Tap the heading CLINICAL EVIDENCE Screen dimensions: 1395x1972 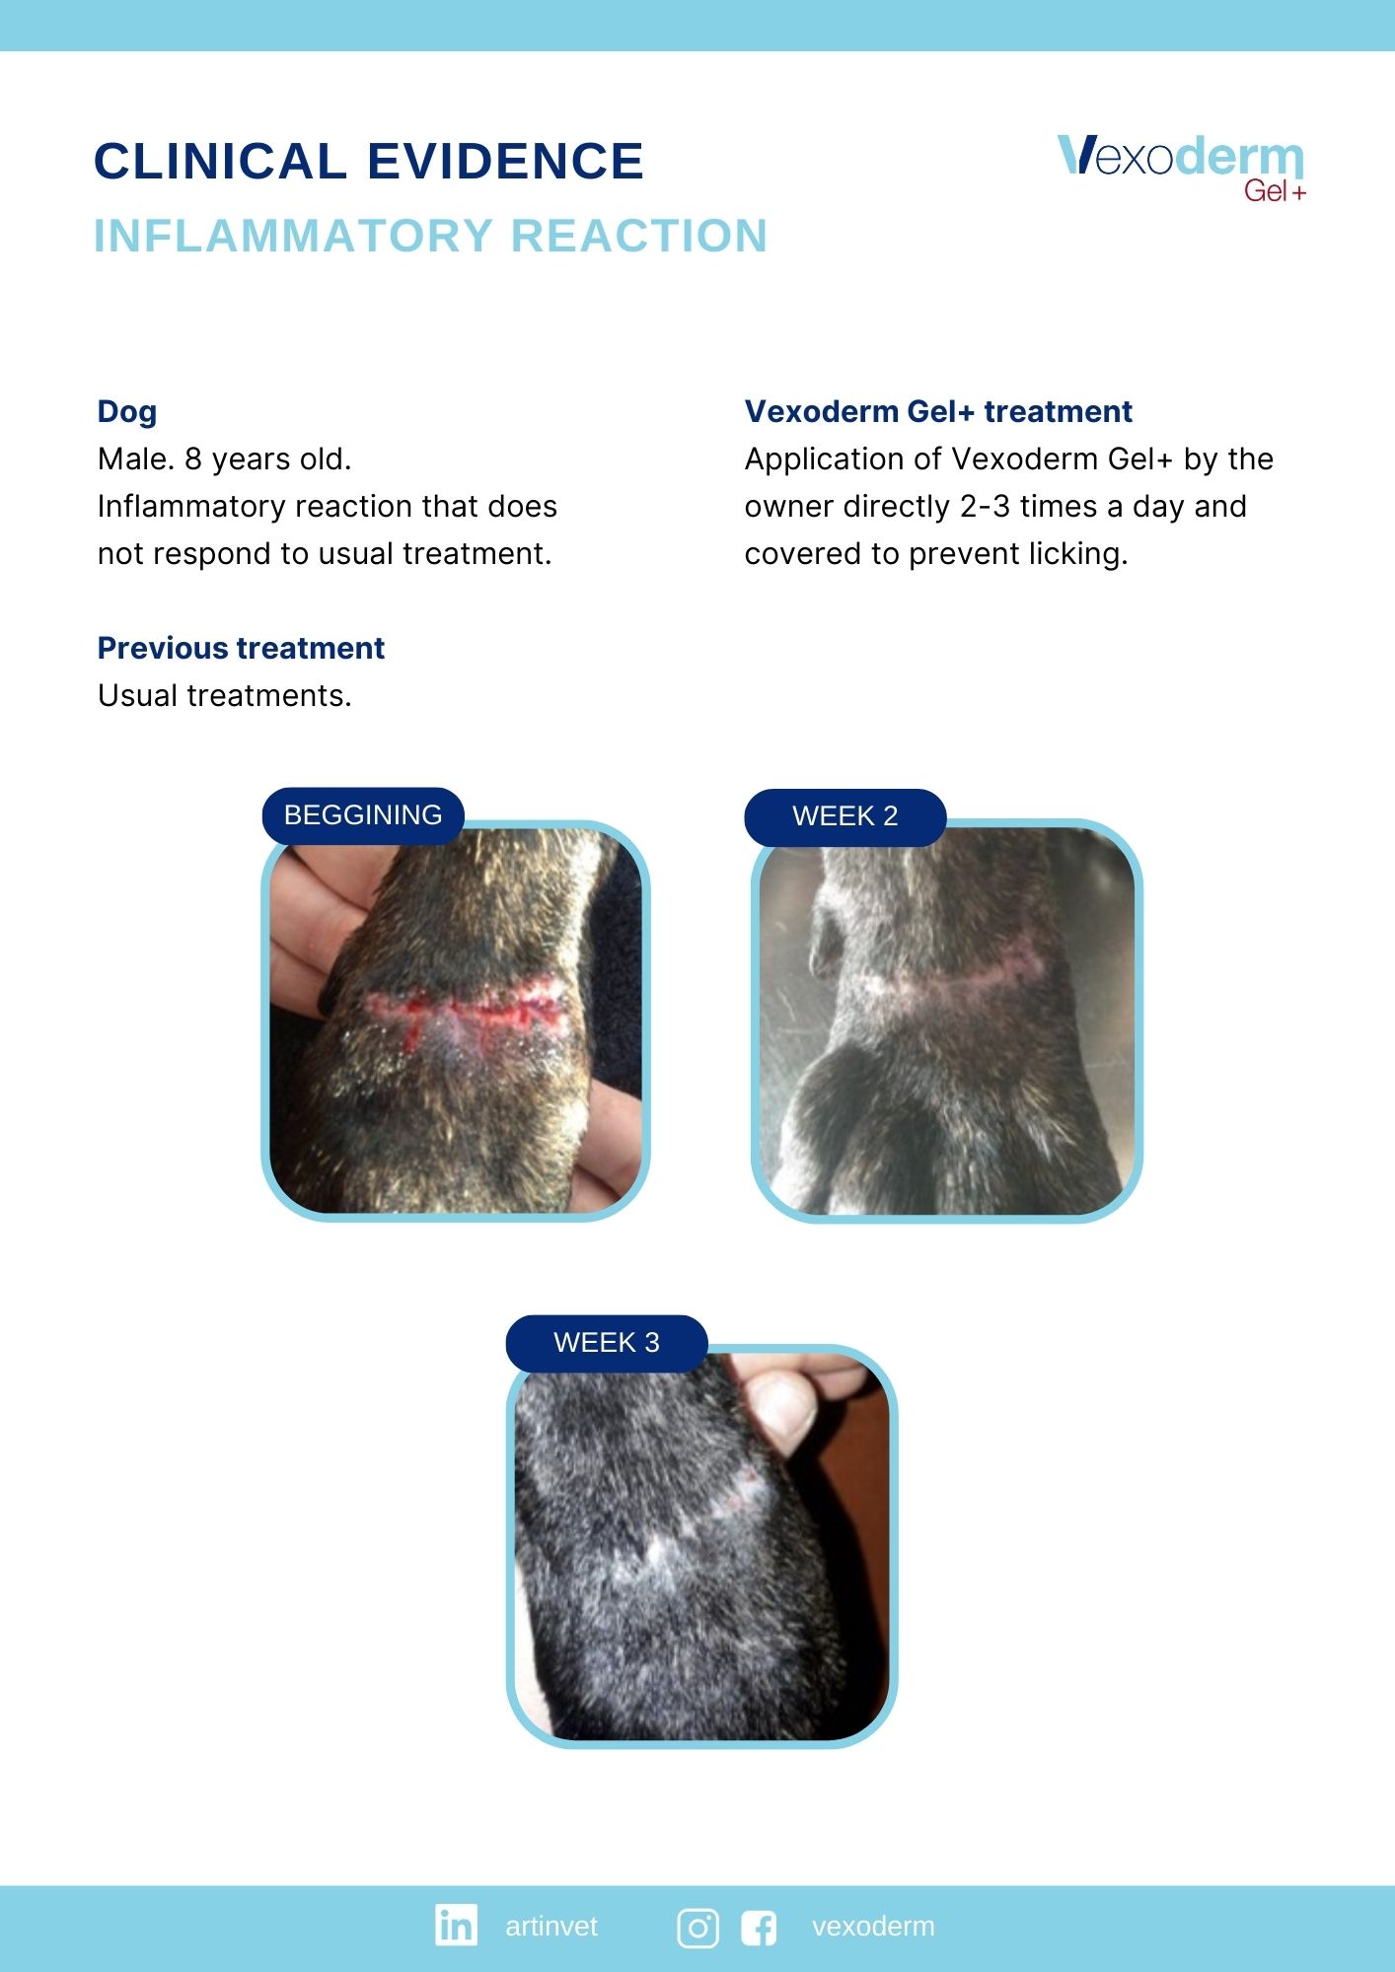click(x=369, y=162)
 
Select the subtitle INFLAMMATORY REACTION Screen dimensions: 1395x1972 click(x=430, y=237)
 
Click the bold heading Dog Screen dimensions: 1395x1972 click(x=127, y=412)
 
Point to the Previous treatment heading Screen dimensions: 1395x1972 click(x=241, y=648)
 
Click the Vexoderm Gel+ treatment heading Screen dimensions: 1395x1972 click(x=938, y=411)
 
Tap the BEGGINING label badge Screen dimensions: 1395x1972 click(x=363, y=815)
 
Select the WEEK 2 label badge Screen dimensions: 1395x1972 click(x=845, y=816)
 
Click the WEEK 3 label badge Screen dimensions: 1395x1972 click(x=607, y=1343)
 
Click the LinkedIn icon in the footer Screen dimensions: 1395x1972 click(x=456, y=1925)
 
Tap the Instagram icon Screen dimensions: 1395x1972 click(x=697, y=1928)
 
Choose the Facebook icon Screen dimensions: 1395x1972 click(x=759, y=1928)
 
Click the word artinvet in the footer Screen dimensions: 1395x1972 click(x=551, y=1927)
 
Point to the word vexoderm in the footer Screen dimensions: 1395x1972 click(x=873, y=1927)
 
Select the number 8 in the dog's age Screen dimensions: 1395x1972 click(x=193, y=459)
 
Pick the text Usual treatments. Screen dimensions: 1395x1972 click(x=225, y=696)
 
